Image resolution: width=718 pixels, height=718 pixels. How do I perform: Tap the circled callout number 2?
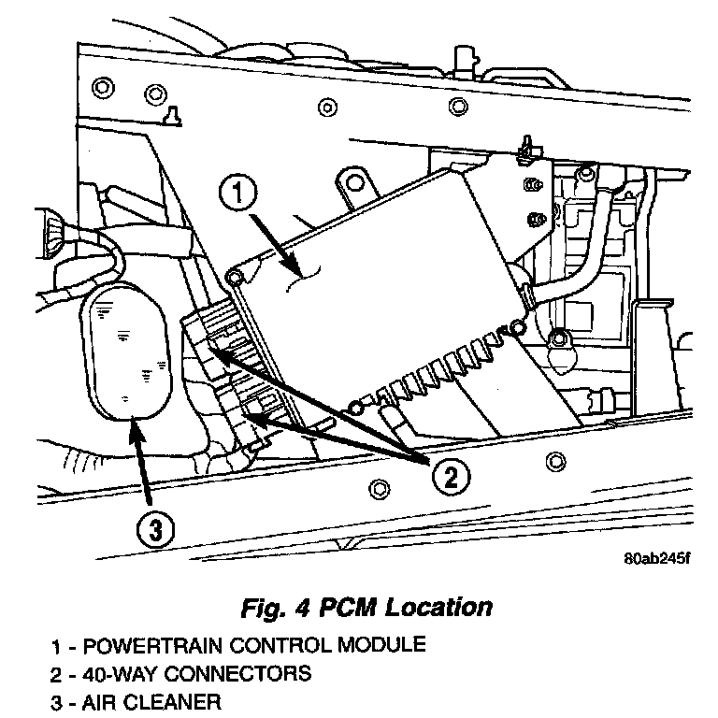(450, 478)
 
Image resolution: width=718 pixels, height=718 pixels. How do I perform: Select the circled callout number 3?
(154, 530)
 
